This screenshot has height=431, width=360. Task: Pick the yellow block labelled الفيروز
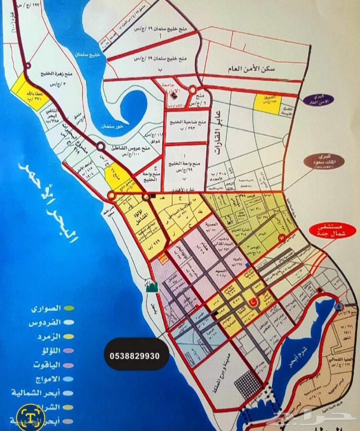(x=267, y=103)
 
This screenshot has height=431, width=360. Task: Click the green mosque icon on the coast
(x=152, y=287)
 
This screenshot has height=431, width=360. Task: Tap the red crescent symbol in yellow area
(x=253, y=303)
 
